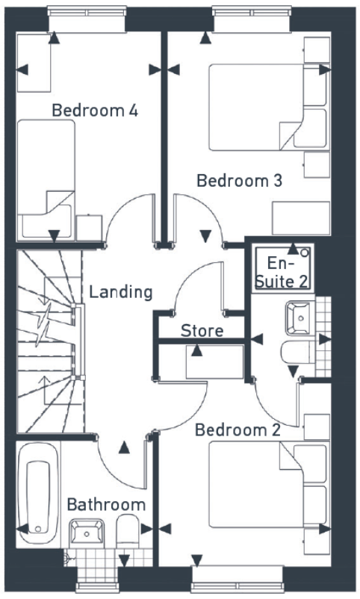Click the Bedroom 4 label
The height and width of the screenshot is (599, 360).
tap(95, 111)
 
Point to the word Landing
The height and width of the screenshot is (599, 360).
tap(120, 291)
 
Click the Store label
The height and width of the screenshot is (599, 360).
tap(202, 330)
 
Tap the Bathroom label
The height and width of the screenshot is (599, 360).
tap(105, 505)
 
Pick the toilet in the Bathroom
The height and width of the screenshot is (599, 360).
tap(128, 530)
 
